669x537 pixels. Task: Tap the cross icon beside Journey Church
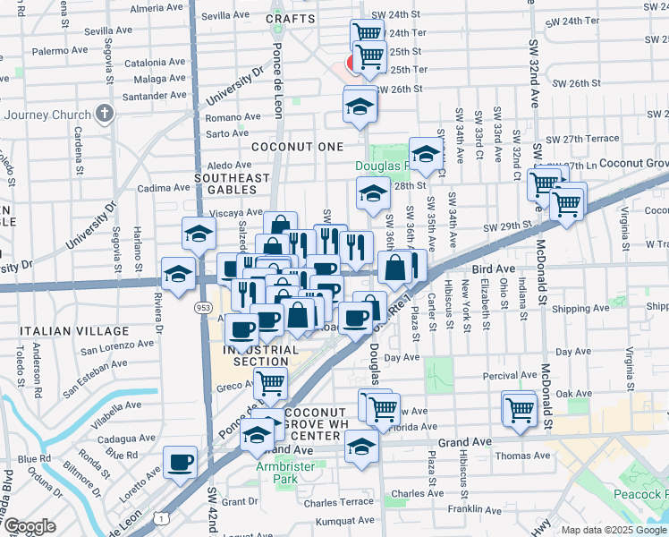pyautogui.click(x=105, y=114)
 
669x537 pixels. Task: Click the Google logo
pyautogui.click(x=30, y=526)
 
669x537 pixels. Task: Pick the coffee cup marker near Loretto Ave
pyautogui.click(x=180, y=463)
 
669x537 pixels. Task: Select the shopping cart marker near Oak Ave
pyautogui.click(x=520, y=409)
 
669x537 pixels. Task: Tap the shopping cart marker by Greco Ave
pyautogui.click(x=269, y=384)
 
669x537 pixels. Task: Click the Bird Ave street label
pyautogui.click(x=494, y=268)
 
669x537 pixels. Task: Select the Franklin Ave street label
pyautogui.click(x=475, y=509)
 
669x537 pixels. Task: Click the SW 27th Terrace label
pyautogui.click(x=582, y=139)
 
